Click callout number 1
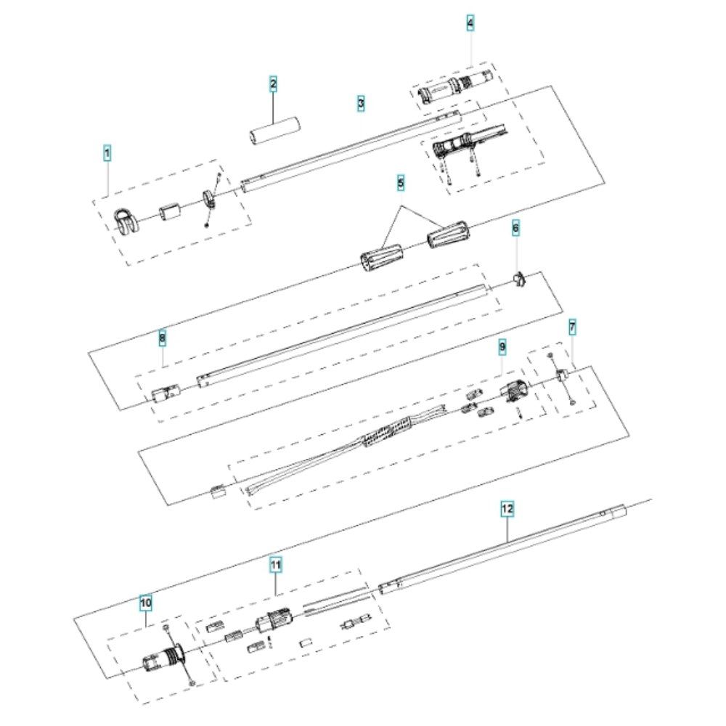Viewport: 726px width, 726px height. (x=107, y=153)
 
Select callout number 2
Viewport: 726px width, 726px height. (x=273, y=84)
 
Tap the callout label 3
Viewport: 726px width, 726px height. (x=361, y=103)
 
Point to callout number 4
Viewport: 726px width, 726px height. (x=470, y=23)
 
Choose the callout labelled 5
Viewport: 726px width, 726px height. (x=401, y=183)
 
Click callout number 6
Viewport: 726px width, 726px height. (x=515, y=228)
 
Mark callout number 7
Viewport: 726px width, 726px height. (x=572, y=328)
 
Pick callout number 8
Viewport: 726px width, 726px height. (x=162, y=338)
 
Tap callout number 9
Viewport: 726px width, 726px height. (x=502, y=346)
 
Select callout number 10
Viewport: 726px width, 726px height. (x=146, y=603)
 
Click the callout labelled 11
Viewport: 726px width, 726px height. (x=275, y=565)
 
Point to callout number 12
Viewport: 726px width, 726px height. (x=507, y=509)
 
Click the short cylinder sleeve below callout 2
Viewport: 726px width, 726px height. (x=274, y=131)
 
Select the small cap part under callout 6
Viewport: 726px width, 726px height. (x=520, y=280)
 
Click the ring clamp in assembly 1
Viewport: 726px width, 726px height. (x=209, y=199)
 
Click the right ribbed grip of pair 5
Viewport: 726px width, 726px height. (x=447, y=233)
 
